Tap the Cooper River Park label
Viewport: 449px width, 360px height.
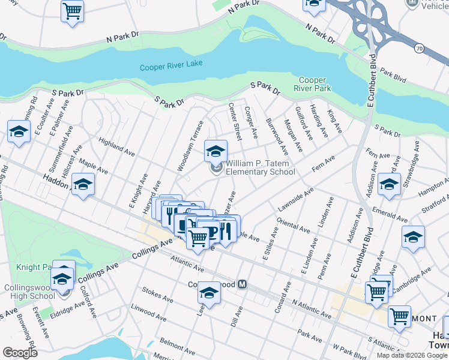(315, 84)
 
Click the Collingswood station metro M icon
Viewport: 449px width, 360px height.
(243, 284)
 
